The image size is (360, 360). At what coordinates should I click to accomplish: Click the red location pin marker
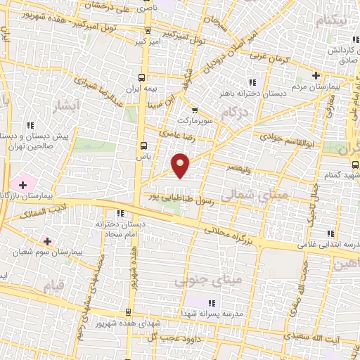point(181,165)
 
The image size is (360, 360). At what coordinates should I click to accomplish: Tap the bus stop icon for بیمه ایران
point(143,77)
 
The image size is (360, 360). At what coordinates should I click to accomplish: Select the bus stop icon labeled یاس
point(143,146)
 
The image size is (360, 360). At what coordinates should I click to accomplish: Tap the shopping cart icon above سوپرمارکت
point(195,110)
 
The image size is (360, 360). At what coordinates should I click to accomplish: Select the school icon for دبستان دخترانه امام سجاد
point(120,213)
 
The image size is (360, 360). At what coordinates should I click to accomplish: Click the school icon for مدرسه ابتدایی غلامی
point(329,233)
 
